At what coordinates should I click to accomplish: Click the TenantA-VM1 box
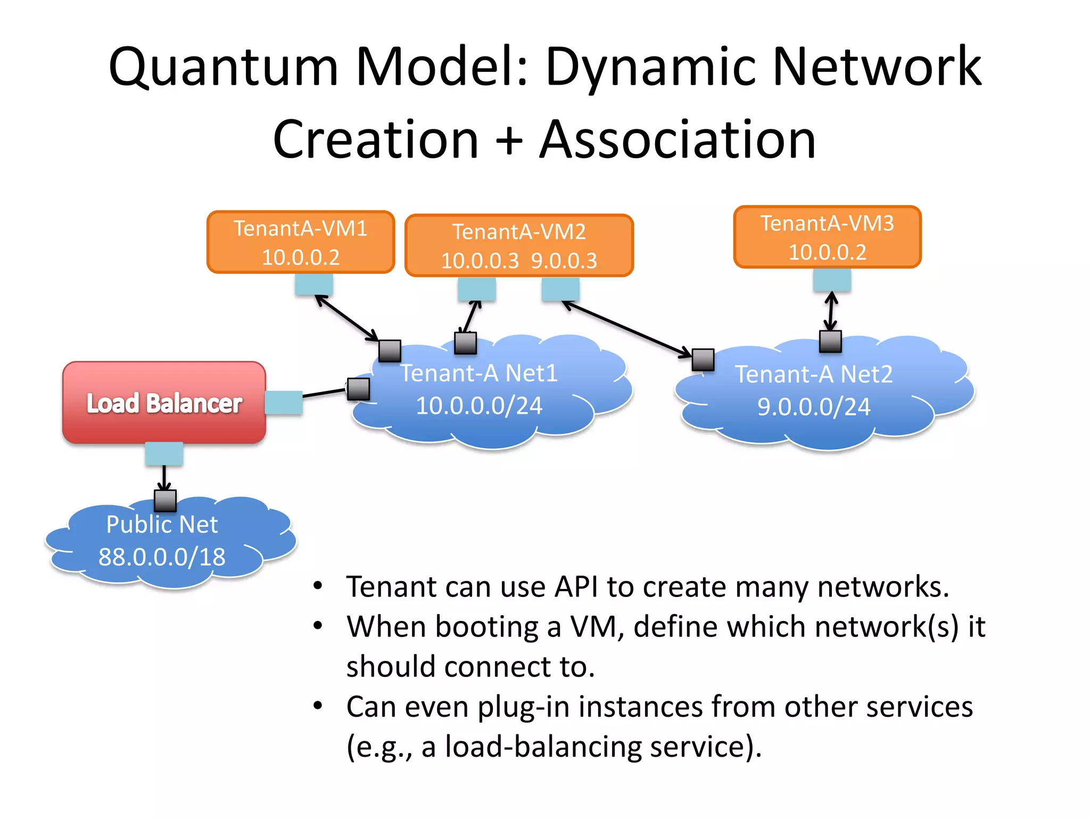tap(301, 242)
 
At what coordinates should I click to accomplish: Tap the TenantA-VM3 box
tap(827, 237)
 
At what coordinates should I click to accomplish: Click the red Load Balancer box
tap(164, 403)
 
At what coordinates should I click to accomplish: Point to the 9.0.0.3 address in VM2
tap(564, 261)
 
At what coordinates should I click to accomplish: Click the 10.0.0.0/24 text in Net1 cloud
tap(479, 406)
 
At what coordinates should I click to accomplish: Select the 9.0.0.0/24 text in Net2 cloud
tap(814, 407)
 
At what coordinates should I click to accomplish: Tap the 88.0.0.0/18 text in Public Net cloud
tap(162, 557)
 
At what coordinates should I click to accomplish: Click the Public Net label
tap(162, 525)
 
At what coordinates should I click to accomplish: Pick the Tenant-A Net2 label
tap(814, 374)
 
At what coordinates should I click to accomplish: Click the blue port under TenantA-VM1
tap(314, 284)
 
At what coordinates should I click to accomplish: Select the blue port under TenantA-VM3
tap(832, 280)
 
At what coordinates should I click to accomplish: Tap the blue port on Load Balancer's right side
tap(284, 403)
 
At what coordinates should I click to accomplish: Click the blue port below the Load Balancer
tap(164, 454)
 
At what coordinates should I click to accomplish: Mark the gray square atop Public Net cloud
tap(165, 501)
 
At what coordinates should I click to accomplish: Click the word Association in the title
tap(678, 140)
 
